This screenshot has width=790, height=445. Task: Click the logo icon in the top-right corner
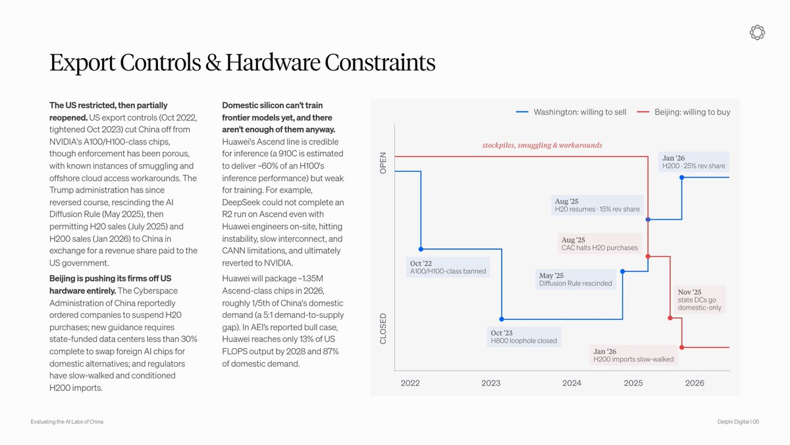pos(757,32)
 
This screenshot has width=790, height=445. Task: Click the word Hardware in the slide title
pos(273,63)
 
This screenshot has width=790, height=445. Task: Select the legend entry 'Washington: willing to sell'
pos(571,112)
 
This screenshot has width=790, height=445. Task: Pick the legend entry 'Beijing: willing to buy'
pos(684,112)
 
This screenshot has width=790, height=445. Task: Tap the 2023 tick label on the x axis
pos(491,383)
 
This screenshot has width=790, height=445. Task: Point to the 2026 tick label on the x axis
pos(695,383)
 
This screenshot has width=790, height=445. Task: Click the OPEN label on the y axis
pos(383,163)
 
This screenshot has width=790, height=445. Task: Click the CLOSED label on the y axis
pos(383,328)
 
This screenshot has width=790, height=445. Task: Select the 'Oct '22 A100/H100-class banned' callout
pos(448,268)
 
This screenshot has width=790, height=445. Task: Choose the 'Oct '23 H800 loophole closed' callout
pos(524,337)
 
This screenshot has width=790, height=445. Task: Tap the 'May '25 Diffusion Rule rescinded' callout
pos(575,280)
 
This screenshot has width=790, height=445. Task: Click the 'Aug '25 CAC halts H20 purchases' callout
pos(600,244)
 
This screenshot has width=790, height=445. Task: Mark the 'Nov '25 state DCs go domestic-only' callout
pos(700,299)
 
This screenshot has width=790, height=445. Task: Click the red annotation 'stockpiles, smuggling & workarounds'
pos(542,145)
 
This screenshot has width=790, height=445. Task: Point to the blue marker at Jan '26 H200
pos(682,177)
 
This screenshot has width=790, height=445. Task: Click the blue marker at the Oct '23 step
pos(502,319)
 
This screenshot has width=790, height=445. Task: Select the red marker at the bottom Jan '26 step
pos(682,347)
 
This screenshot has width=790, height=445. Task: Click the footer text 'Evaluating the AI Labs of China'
pos(67,422)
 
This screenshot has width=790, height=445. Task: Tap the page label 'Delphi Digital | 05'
pos(738,422)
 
